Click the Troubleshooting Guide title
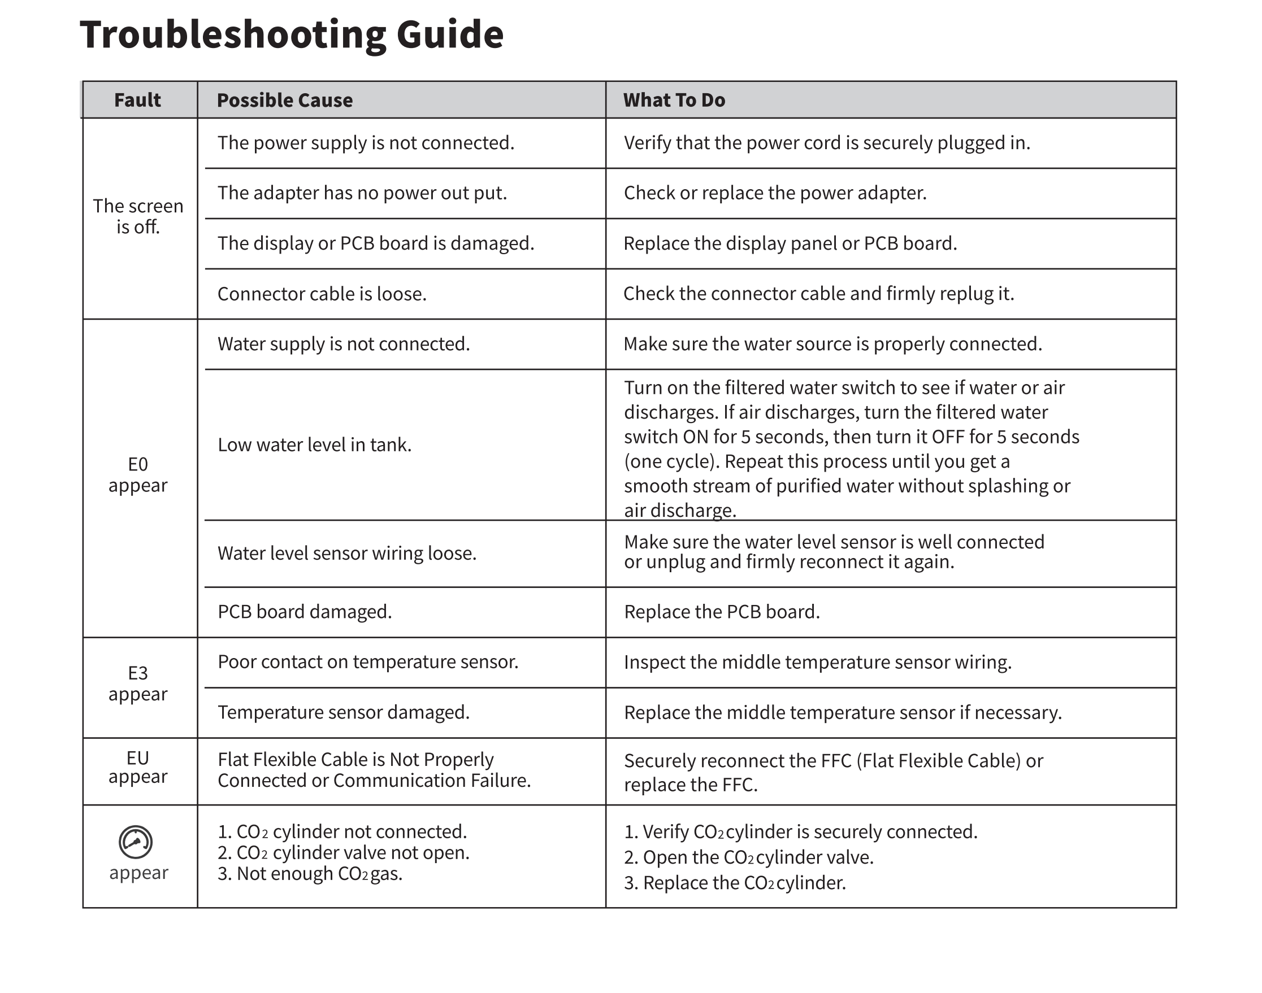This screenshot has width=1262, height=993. click(292, 35)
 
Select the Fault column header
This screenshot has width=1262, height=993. click(137, 100)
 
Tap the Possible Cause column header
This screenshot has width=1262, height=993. click(284, 100)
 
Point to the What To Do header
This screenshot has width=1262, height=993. click(674, 100)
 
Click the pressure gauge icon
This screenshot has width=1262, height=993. click(136, 842)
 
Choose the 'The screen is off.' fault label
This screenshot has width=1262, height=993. click(138, 216)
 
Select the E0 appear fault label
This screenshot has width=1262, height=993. click(138, 474)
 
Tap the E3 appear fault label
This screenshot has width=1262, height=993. click(138, 683)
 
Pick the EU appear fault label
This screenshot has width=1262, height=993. click(138, 768)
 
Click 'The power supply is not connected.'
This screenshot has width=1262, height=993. click(366, 143)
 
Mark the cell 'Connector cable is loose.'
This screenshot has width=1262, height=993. click(322, 294)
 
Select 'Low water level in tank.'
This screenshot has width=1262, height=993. click(315, 445)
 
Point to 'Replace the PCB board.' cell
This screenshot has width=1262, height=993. click(722, 612)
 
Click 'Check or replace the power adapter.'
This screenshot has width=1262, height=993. click(775, 193)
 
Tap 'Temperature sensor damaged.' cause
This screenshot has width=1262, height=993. click(344, 712)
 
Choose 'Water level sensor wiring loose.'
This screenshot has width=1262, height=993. click(347, 554)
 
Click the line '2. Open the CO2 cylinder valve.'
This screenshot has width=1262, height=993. click(748, 857)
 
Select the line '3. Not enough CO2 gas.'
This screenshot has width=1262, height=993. click(310, 874)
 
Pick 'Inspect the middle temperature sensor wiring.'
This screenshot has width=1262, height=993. click(818, 662)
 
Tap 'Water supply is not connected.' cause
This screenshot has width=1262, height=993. click(344, 344)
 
